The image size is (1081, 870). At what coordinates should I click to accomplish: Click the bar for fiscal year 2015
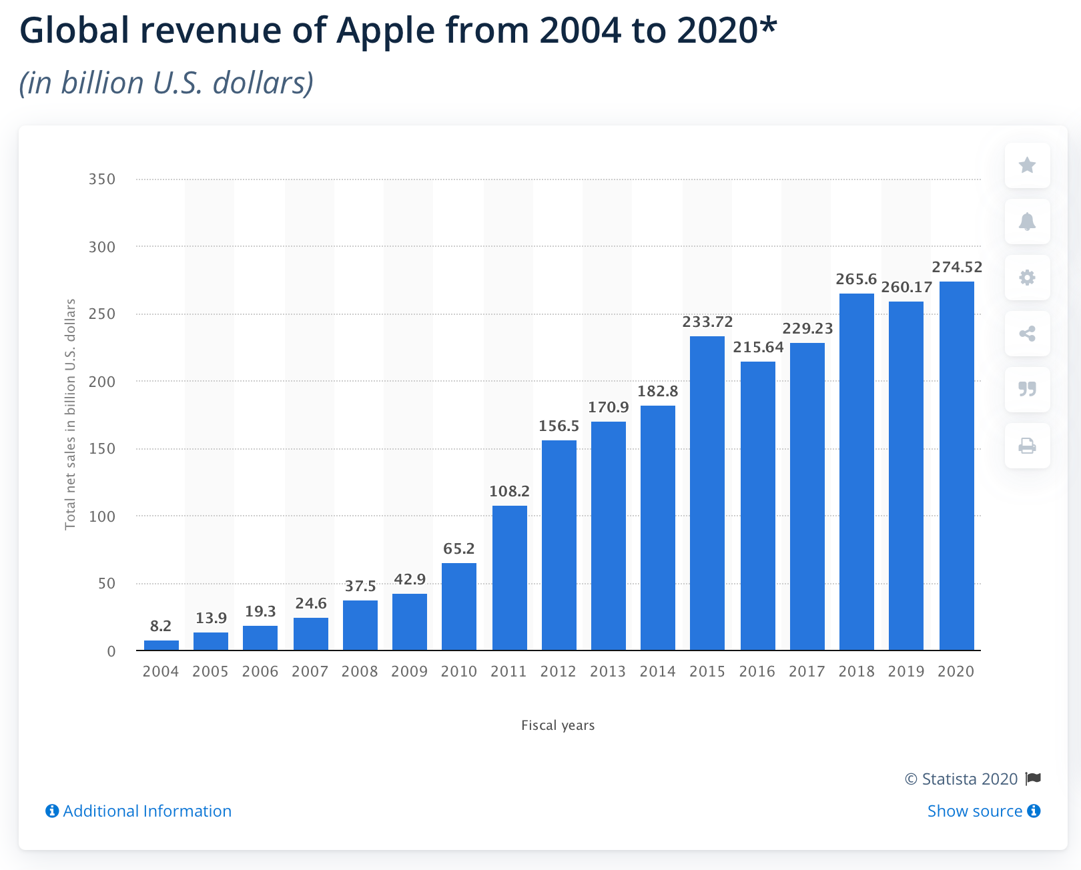(x=707, y=494)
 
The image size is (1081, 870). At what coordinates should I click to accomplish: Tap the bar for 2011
(x=510, y=578)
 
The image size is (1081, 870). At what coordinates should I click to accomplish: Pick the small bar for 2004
(x=161, y=645)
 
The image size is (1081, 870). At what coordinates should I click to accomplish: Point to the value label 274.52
(x=957, y=268)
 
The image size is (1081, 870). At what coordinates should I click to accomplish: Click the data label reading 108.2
(x=510, y=492)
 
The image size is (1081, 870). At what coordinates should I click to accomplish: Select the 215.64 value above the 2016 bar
(x=758, y=348)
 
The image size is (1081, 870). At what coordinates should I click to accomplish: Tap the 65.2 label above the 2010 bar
(x=459, y=549)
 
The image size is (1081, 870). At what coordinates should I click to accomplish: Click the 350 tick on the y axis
(x=102, y=179)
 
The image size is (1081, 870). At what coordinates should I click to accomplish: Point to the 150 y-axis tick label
(x=102, y=449)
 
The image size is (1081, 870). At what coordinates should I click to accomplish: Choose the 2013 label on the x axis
(x=608, y=672)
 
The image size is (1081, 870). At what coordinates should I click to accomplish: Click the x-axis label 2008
(x=360, y=672)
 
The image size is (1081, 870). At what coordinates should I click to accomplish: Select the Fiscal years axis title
(x=558, y=725)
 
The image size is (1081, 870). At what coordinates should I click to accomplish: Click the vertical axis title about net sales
(x=70, y=414)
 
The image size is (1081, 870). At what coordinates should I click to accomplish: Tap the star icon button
(x=1028, y=165)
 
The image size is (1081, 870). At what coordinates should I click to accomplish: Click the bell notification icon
(x=1028, y=222)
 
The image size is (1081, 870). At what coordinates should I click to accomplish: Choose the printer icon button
(x=1028, y=446)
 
